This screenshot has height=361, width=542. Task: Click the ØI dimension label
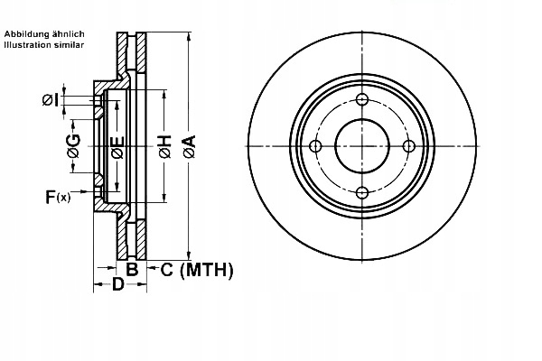pos(51,99)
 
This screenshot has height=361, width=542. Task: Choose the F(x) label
pos(57,196)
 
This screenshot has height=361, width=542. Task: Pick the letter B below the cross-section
pos(131,268)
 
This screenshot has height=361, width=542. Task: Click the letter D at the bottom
pos(117,286)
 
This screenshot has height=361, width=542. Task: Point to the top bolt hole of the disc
pos(361,100)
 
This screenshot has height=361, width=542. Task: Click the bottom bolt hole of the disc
pos(361,191)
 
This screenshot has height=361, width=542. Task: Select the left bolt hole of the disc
pos(315,146)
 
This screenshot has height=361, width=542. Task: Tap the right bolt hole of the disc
pos(407,146)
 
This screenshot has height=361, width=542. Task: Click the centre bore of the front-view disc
pos(361,146)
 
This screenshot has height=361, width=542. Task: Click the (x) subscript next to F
pos(63,198)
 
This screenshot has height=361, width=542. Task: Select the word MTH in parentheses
pos(208,268)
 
